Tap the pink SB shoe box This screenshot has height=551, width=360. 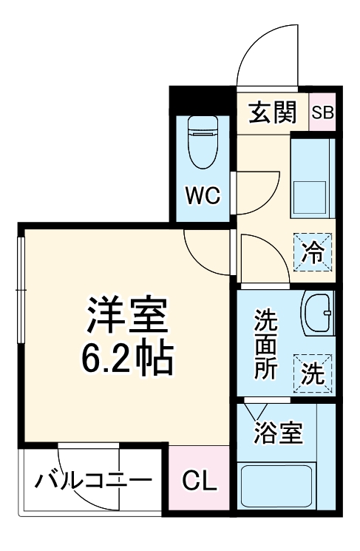point(322,113)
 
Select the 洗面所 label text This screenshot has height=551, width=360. point(265,345)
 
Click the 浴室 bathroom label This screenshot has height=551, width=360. point(279,434)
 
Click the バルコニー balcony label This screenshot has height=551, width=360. point(92,481)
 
